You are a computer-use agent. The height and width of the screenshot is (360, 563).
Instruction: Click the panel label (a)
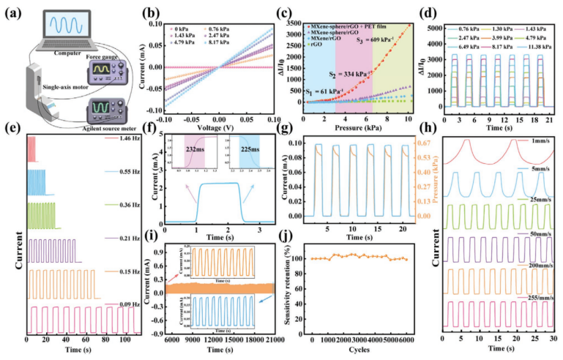pos(14,10)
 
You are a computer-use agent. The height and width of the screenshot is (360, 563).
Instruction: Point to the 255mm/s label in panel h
pos(539,299)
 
